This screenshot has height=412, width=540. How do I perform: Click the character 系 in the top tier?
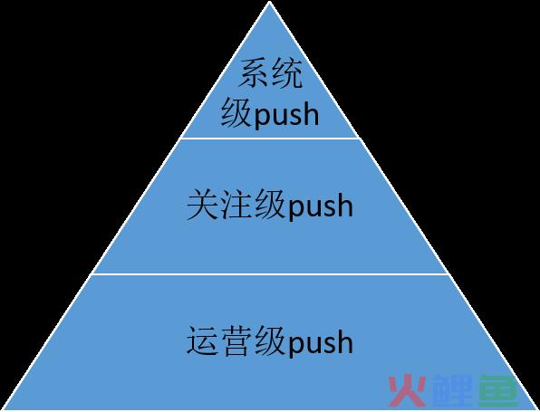254,73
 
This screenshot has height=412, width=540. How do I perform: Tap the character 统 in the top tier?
286,73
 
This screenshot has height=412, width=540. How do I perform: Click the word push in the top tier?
286,116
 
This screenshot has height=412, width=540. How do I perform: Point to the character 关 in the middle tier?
202,205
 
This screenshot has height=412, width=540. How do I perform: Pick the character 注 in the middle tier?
236,205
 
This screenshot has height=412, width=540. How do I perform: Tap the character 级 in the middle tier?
270,205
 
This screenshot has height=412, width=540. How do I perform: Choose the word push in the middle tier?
320,206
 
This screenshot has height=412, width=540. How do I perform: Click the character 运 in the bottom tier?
202,340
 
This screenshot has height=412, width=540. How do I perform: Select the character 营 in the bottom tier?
236,340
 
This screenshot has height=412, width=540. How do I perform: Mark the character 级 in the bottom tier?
270,340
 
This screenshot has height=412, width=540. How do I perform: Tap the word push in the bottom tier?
320,342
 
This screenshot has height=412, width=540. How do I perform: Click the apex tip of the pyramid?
270,2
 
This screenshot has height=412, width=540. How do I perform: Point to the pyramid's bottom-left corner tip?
3,409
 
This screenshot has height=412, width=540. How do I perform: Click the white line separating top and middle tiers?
270,138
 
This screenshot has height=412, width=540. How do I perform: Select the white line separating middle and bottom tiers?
270,274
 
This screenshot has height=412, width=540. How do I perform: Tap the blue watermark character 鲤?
453,390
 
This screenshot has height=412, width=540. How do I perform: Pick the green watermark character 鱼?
498,390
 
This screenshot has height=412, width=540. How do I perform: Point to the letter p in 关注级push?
296,210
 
